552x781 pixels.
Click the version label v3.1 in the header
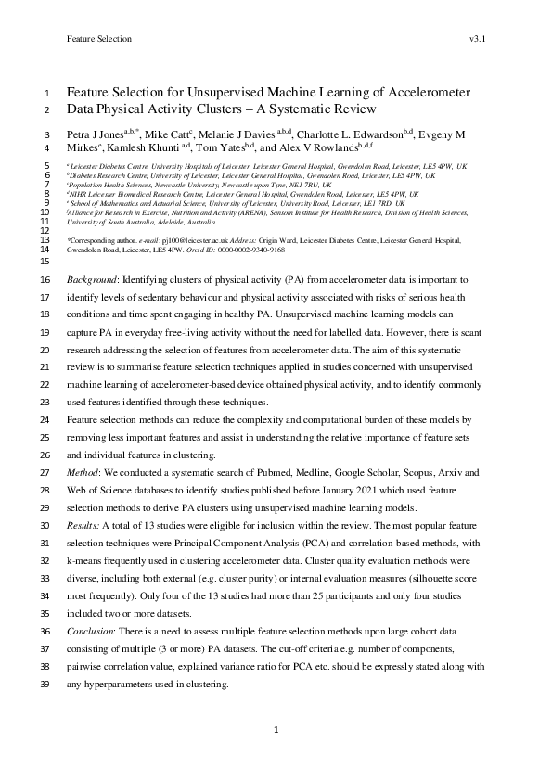(x=479, y=39)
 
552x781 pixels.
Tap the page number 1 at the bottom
(x=276, y=731)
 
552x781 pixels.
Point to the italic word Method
(x=84, y=472)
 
